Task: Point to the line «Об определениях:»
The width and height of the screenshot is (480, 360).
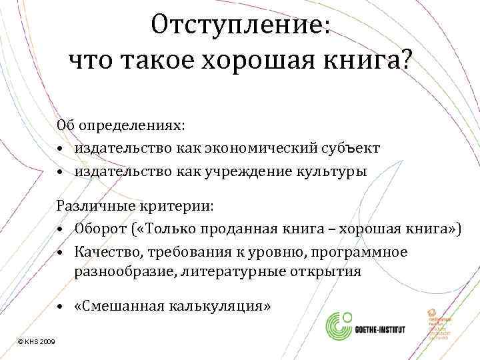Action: [x=121, y=126]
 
